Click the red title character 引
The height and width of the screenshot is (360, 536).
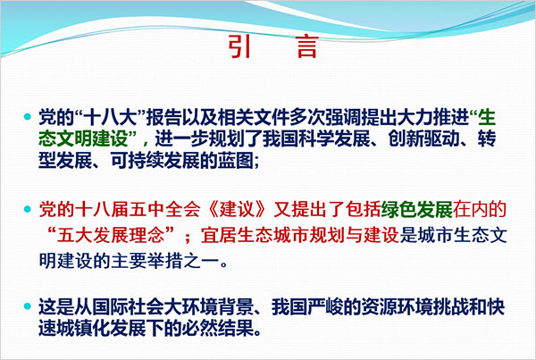[x=239, y=46]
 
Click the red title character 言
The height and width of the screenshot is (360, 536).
[x=307, y=46]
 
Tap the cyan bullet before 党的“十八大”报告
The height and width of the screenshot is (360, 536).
[x=28, y=117]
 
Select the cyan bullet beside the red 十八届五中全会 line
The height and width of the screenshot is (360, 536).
[x=28, y=209]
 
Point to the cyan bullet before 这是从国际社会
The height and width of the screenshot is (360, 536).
[x=28, y=306]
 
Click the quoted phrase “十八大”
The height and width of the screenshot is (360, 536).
[x=110, y=118]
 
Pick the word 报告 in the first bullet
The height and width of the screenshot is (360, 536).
[x=163, y=118]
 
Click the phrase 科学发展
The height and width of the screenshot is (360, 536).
[x=334, y=138]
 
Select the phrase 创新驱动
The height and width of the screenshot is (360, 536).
[x=423, y=138]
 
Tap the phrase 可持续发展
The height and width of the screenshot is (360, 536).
[x=155, y=160]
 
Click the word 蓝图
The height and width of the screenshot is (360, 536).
[x=235, y=160]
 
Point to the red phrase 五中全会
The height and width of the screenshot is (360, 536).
[x=163, y=210]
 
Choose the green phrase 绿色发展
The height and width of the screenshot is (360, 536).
[x=416, y=210]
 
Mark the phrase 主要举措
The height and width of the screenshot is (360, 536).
[x=146, y=261]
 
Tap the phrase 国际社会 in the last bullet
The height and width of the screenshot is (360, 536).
[x=128, y=307]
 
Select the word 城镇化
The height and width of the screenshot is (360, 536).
[x=83, y=329]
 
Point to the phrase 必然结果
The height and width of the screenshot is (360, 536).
[x=217, y=329]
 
